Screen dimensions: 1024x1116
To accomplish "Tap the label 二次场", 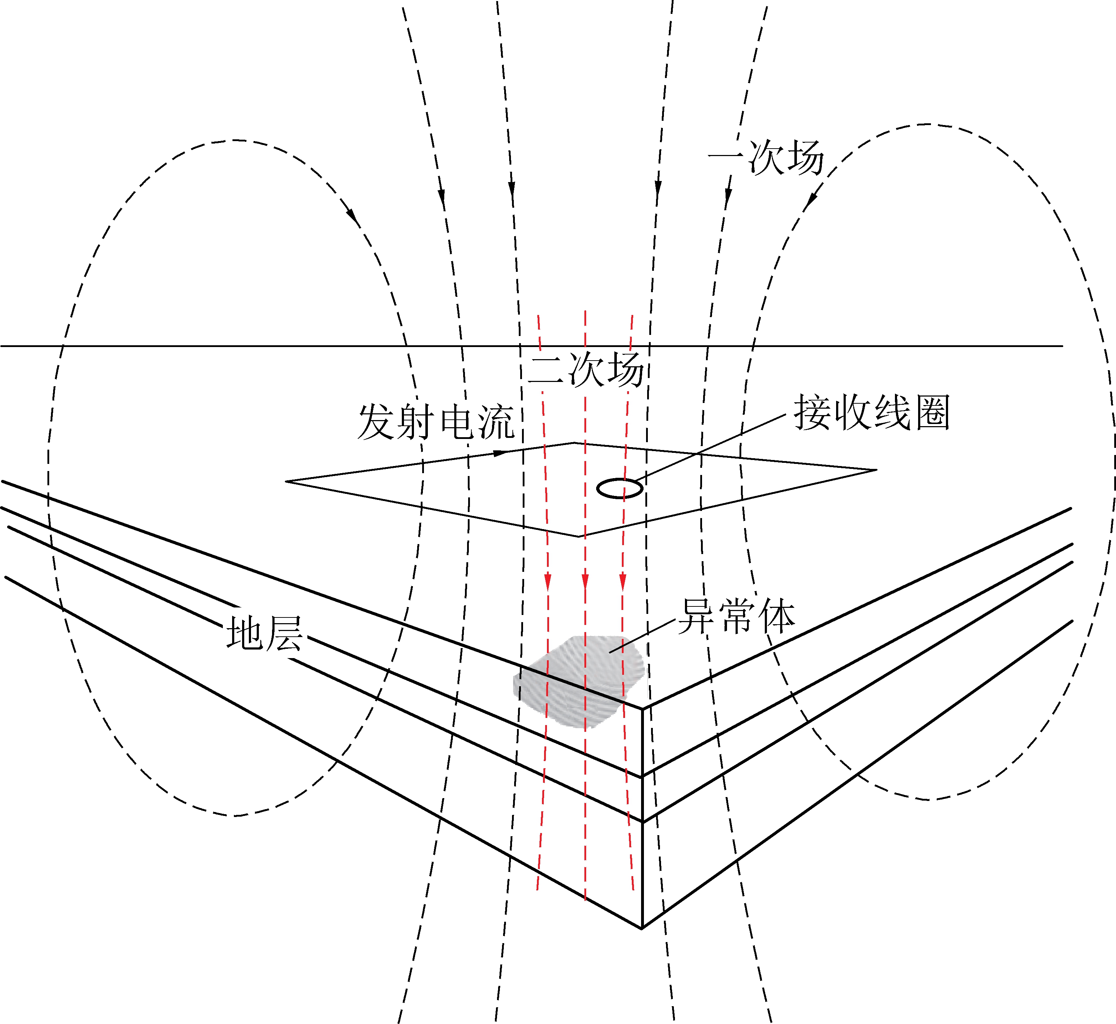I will [586, 369].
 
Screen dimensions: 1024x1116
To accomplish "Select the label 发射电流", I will [436, 422].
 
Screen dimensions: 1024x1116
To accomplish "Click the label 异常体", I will [737, 616].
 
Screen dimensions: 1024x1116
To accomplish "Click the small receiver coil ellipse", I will [619, 488].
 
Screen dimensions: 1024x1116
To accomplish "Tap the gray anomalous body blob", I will [579, 681].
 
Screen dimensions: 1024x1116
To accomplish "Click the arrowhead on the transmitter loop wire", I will [500, 453].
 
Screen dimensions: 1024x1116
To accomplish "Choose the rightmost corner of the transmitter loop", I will [876, 470].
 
